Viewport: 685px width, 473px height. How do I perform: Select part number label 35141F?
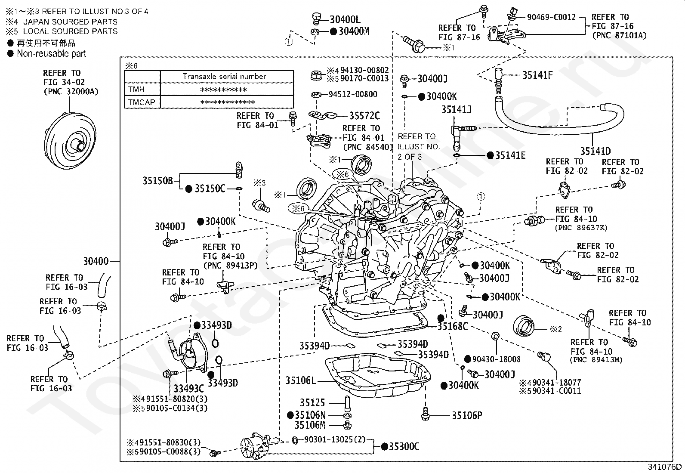pos(537,75)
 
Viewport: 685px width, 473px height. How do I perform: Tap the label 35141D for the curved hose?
pos(595,151)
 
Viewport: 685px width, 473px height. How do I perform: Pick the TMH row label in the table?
pos(136,90)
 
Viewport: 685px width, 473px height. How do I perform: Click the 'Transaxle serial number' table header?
pos(224,77)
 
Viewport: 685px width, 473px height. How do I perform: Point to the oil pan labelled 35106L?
pos(378,375)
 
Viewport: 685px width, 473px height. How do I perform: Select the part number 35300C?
pos(404,447)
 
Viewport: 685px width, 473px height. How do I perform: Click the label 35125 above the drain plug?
pos(312,402)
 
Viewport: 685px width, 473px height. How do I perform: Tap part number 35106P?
pos(467,415)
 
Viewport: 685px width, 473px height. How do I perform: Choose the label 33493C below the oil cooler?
pos(189,388)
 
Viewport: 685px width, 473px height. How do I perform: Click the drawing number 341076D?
pos(664,467)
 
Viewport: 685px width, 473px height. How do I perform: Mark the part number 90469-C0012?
pos(551,17)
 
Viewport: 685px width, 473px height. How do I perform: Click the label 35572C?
pos(364,116)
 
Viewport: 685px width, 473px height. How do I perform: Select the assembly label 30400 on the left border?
pos(96,261)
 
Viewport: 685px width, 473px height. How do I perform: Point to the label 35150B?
pos(158,180)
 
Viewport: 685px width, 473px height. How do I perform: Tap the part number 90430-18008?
pos(496,359)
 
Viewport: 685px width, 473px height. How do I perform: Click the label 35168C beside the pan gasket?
pos(453,326)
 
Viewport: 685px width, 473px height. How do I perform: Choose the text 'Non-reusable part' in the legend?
pos(51,53)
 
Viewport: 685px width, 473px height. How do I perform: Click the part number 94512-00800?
pos(352,94)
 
